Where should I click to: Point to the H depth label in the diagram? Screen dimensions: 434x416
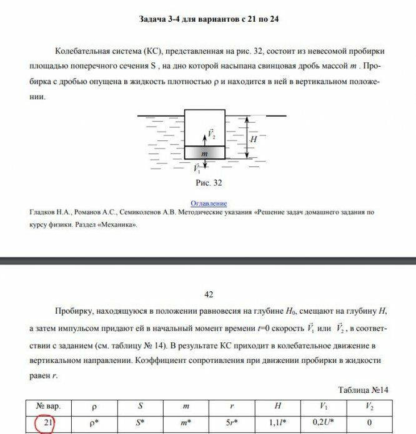253,140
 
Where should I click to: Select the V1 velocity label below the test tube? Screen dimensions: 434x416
197,168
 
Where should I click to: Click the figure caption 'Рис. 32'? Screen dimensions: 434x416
209,183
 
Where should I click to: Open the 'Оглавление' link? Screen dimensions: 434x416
209,203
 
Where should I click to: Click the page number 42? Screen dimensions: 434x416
209,294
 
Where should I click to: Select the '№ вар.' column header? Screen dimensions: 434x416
49,407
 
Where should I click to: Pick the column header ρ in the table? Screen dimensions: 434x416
94,407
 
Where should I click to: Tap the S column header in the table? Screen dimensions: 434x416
141,407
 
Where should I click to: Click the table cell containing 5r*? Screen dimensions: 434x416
232,425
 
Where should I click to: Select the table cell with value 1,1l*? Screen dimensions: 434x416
277,425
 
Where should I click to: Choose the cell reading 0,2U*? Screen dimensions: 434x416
323,425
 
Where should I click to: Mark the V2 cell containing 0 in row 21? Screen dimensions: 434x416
369,425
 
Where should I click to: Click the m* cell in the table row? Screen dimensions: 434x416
186,425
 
